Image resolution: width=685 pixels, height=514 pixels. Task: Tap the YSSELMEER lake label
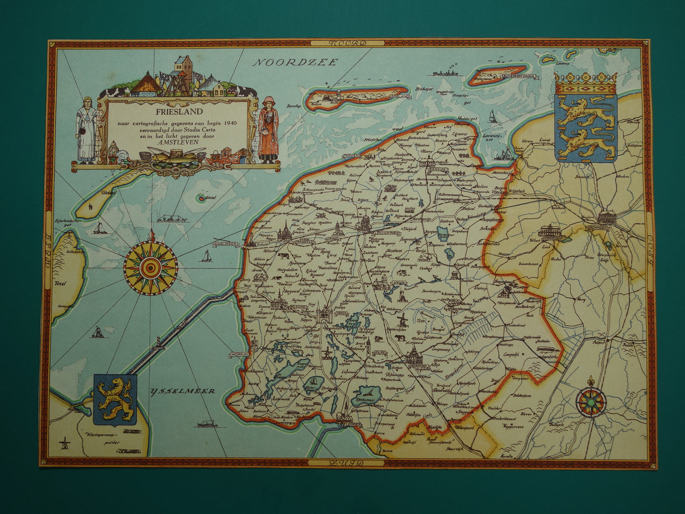tap(183, 391)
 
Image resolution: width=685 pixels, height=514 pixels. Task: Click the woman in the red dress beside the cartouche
tap(268, 130)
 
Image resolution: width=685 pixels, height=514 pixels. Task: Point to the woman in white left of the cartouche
tap(87, 130)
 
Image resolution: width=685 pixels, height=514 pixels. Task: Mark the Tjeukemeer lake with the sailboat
tap(368, 395)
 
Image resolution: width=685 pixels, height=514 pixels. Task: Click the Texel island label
tap(60, 284)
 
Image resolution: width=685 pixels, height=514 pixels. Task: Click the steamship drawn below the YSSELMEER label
tap(207, 422)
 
